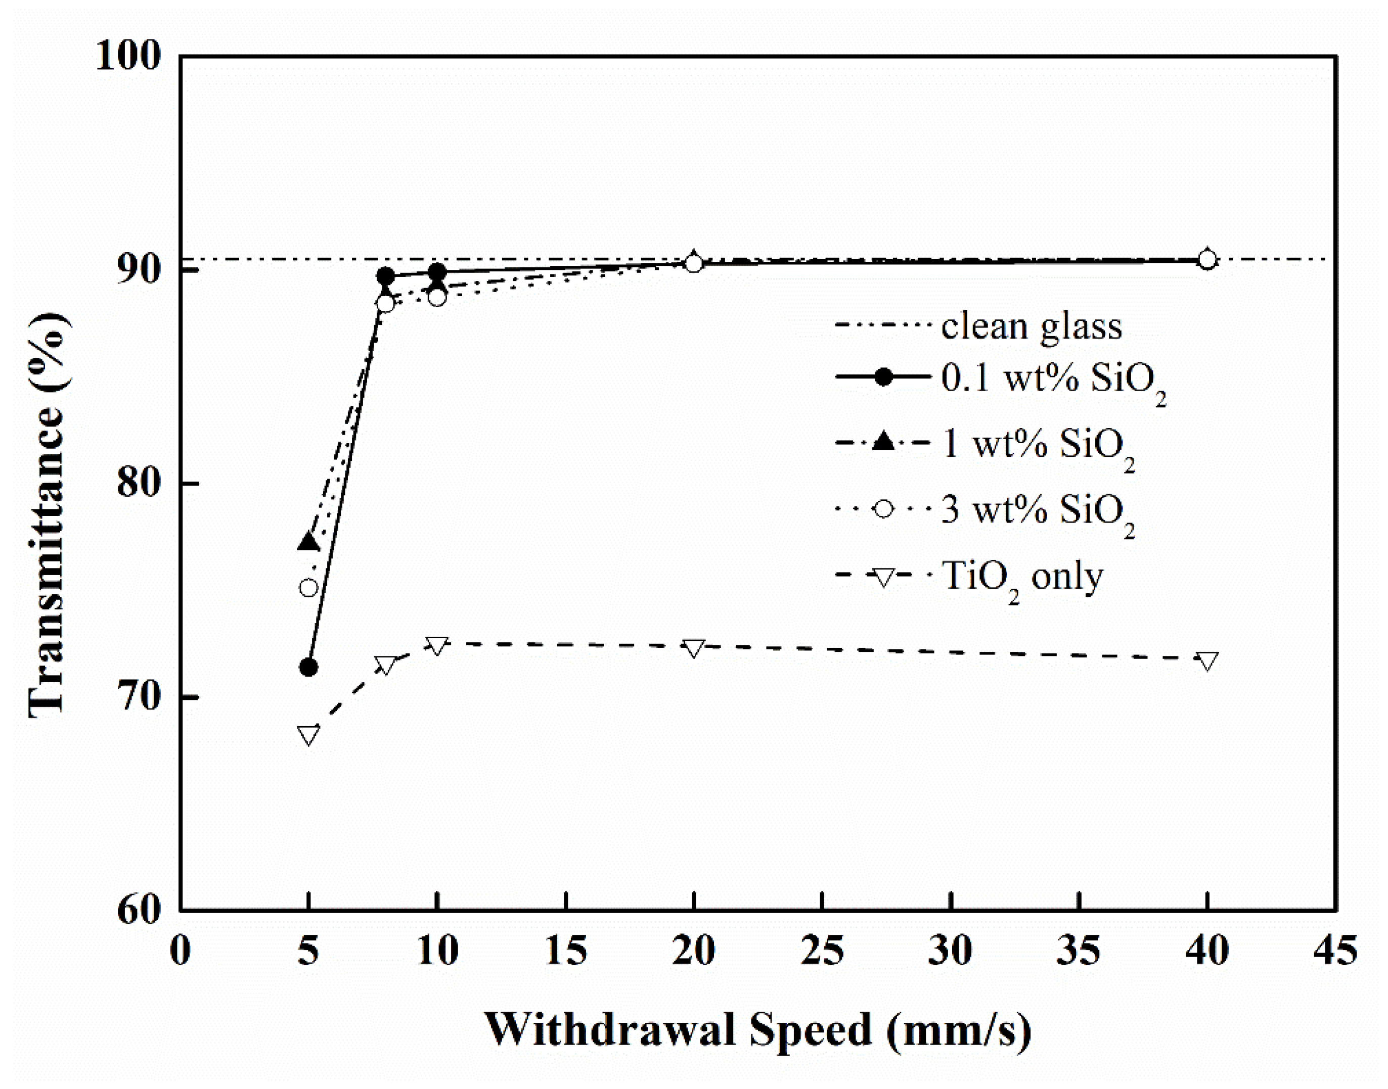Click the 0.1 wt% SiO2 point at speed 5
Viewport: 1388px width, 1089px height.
[x=309, y=668]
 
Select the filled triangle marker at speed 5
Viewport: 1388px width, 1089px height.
[x=309, y=542]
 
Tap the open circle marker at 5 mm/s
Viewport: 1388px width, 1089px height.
[x=309, y=588]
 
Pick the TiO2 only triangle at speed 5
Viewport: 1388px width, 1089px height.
[x=309, y=734]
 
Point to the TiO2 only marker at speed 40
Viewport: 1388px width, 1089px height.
[x=1207, y=660]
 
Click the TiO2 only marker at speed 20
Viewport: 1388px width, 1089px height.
[x=694, y=648]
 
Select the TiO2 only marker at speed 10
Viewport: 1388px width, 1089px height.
[x=437, y=645]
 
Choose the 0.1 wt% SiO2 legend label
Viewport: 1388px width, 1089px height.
[x=1052, y=380]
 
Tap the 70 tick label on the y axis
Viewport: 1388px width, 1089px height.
[x=137, y=697]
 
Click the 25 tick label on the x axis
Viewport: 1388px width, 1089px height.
[x=822, y=951]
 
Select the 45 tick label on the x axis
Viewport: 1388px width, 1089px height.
[x=1335, y=951]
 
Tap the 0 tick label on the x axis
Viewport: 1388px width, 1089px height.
[x=181, y=951]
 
